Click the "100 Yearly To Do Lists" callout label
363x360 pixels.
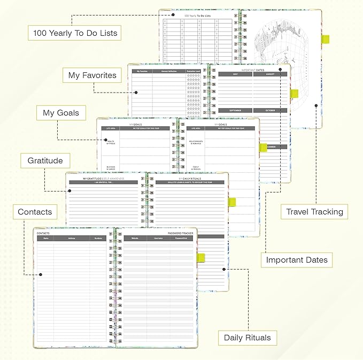[75, 33]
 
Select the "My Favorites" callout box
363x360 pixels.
[92, 75]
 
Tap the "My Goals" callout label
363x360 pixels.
[61, 113]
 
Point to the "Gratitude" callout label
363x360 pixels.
[45, 160]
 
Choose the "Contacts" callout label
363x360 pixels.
[35, 212]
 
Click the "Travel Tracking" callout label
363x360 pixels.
[314, 212]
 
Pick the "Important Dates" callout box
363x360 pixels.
[297, 260]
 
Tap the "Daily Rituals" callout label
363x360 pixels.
[248, 338]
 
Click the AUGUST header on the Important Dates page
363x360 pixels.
[270, 74]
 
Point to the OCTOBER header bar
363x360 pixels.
[270, 110]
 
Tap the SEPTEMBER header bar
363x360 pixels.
[235, 110]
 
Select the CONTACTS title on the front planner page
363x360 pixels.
[44, 234]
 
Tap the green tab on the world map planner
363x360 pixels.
[325, 39]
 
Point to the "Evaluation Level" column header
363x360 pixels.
[194, 71]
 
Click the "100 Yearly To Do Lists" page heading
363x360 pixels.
[197, 16]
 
